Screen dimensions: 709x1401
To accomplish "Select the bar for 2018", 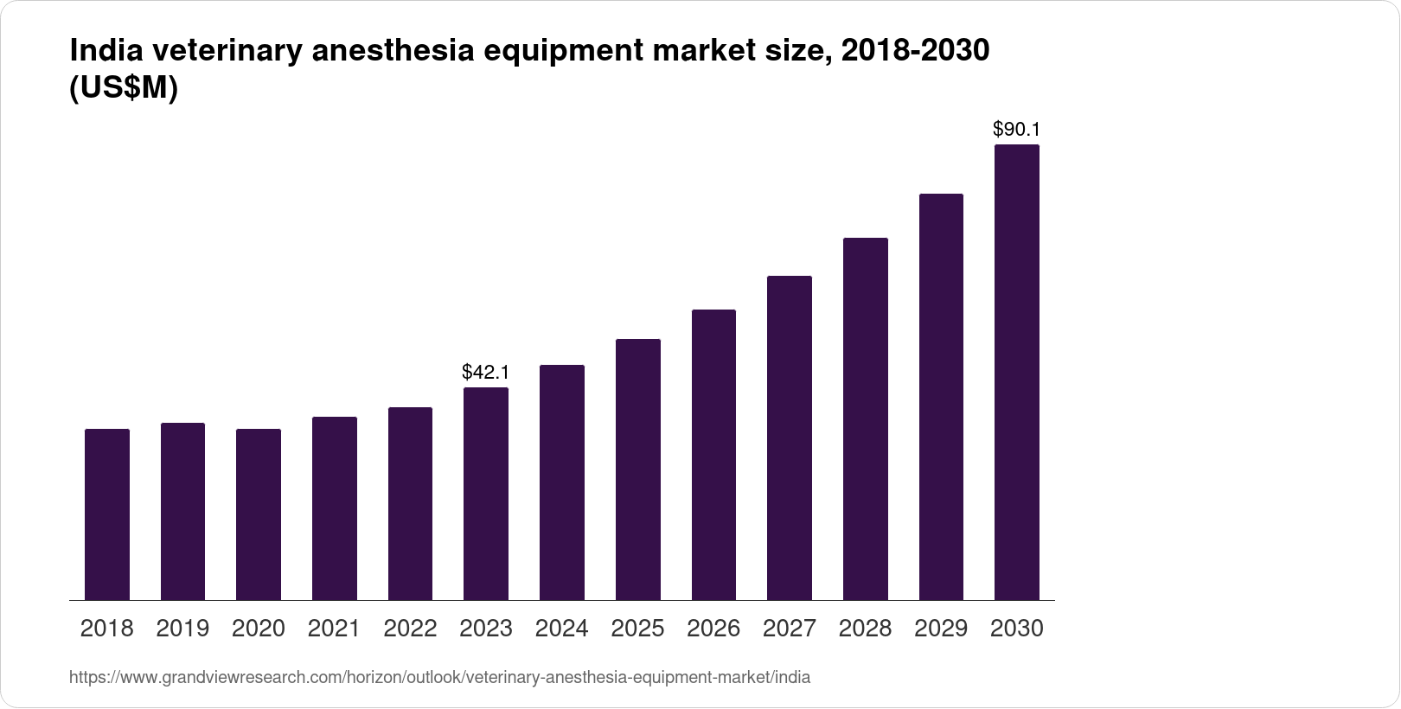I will [107, 514].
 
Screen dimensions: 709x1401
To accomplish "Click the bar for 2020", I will [259, 514].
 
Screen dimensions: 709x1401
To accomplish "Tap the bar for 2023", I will [486, 494].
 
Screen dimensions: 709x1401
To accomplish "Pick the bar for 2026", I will [713, 455].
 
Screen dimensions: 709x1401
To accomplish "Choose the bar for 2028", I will [865, 419].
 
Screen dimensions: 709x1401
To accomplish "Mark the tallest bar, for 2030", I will [1017, 373].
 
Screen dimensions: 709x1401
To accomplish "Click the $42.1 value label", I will [486, 373].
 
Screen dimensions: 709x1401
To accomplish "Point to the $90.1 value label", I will [1017, 130].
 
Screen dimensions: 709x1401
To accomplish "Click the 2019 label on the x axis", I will [182, 629].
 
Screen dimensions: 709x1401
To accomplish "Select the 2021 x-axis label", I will [335, 629].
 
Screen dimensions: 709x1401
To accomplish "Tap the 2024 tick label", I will [562, 629].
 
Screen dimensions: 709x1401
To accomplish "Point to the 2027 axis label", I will [790, 629].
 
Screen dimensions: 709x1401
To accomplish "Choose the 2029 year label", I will [941, 629].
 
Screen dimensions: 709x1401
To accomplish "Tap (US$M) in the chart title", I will [124, 88].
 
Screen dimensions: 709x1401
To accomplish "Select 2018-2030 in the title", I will [915, 52].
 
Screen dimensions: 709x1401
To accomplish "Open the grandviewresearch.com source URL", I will [439, 678].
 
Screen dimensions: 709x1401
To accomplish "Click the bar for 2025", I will [638, 469].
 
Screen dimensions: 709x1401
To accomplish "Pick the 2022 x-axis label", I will [410, 629].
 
